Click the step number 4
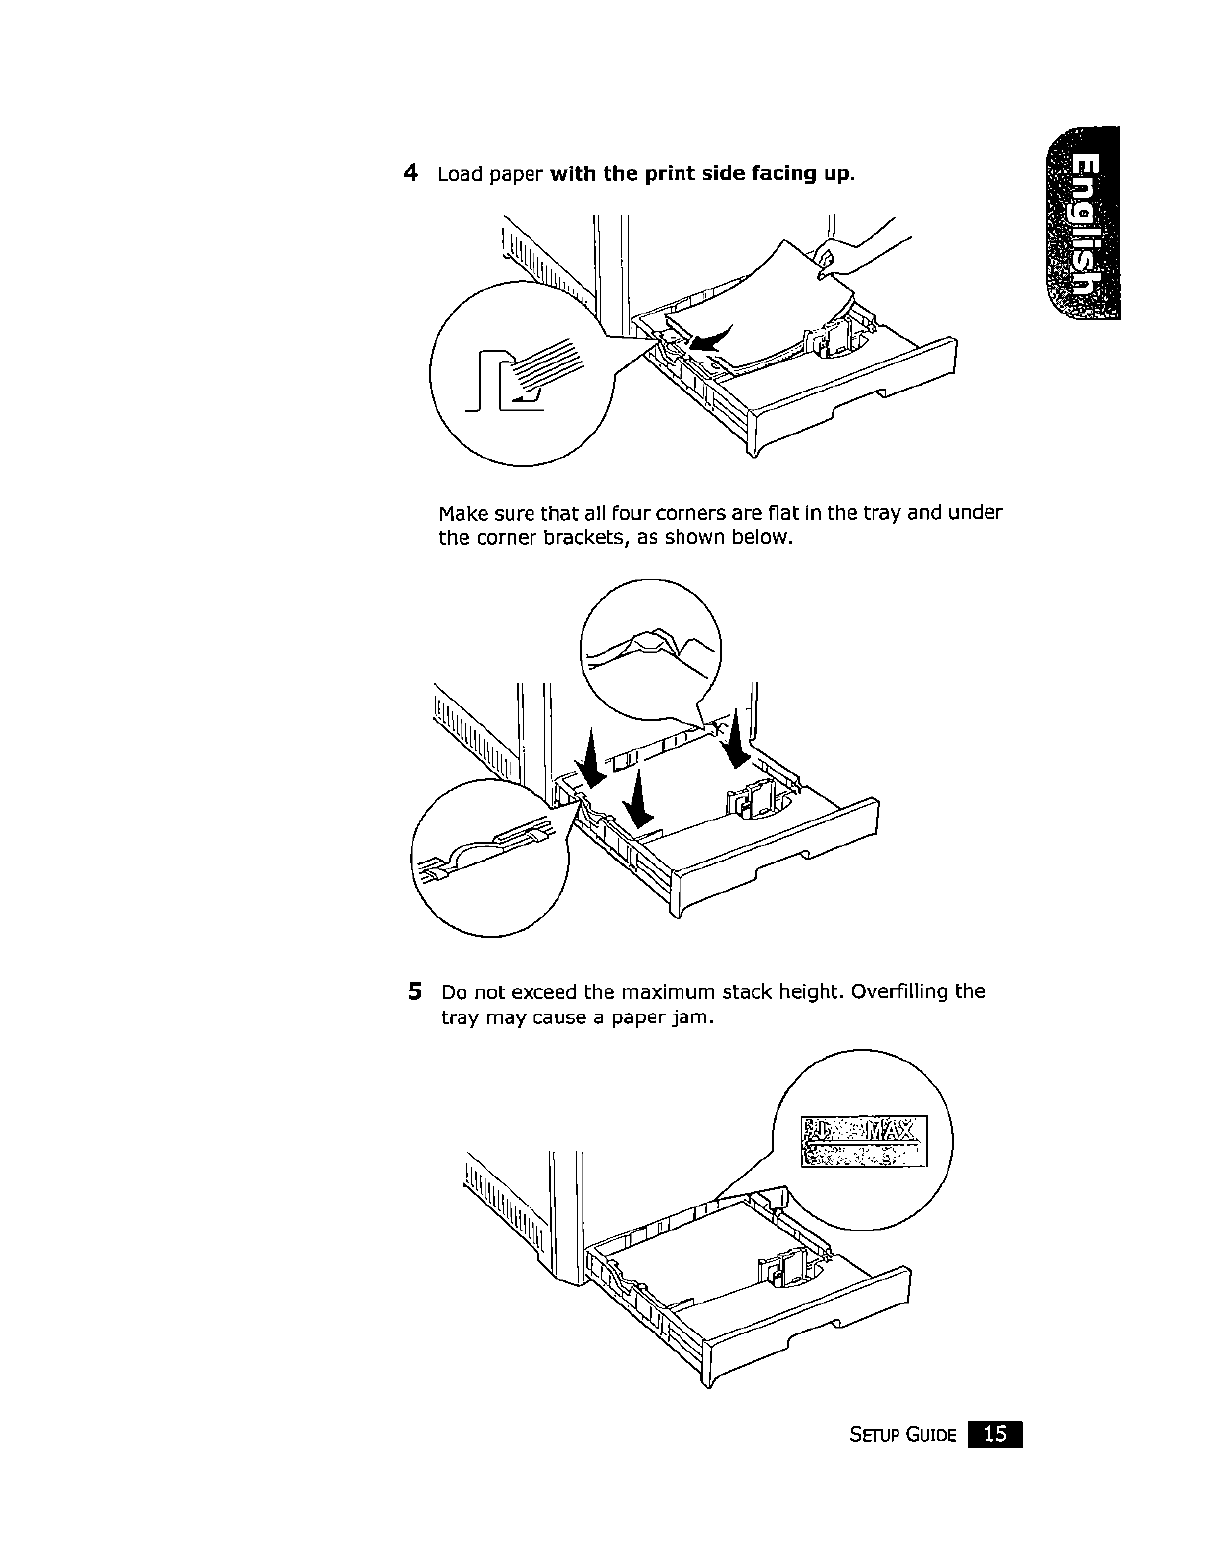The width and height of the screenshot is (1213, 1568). pos(410,173)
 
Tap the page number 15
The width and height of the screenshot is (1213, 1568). pos(995,1434)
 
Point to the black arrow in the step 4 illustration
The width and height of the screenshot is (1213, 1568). pos(710,339)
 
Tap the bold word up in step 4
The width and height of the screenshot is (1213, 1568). pos(835,175)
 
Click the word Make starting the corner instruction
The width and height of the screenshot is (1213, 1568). pos(460,513)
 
